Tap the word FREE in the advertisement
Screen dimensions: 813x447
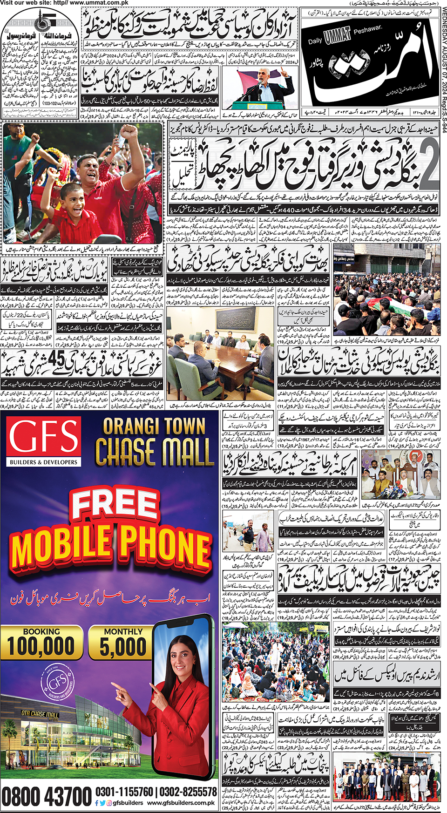tap(115, 506)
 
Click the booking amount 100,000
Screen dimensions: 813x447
tap(41, 646)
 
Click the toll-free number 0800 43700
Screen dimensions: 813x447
tap(47, 797)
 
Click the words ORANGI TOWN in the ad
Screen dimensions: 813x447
tap(154, 426)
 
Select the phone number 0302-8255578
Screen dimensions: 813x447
tap(189, 792)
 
